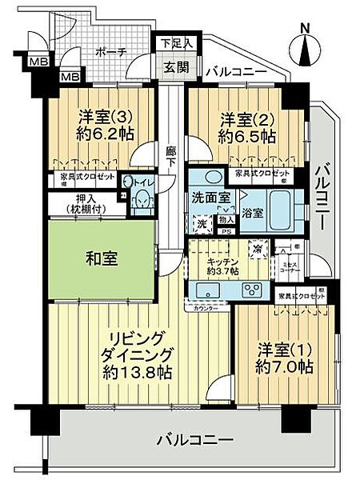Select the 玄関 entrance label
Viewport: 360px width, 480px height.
(176, 67)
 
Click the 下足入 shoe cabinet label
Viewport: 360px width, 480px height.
(176, 42)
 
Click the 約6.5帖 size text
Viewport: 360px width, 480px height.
(247, 136)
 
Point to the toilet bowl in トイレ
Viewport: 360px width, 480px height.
(142, 203)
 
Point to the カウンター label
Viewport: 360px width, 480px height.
(203, 307)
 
